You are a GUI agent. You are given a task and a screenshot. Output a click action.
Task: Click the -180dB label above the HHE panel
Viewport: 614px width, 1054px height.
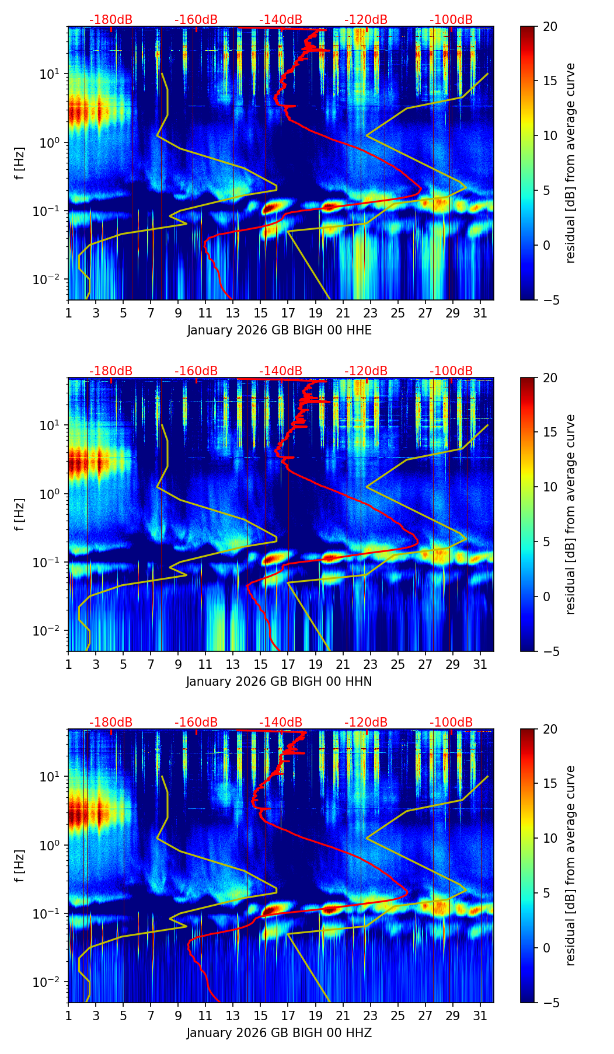point(111,20)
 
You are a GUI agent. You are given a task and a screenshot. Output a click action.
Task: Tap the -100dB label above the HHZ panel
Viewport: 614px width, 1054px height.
point(451,723)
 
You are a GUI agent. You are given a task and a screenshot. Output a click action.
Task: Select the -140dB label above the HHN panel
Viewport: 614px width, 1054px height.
point(281,371)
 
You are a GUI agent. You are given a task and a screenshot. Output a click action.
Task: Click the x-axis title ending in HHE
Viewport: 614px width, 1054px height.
point(279,330)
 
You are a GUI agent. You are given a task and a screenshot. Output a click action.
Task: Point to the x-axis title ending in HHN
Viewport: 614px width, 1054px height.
point(279,682)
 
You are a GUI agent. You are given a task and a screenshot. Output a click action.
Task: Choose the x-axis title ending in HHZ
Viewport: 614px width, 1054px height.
point(279,1033)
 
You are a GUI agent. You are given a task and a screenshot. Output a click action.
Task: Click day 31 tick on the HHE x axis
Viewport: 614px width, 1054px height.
point(480,312)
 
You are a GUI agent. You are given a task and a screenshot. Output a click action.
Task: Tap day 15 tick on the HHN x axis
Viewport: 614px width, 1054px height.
point(260,664)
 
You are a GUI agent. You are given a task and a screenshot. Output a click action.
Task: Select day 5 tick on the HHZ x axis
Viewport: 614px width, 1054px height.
point(123,1015)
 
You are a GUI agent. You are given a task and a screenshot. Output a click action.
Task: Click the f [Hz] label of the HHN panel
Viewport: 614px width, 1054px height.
point(20,514)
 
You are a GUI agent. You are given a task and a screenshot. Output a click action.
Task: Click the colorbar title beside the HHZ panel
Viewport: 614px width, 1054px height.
point(570,865)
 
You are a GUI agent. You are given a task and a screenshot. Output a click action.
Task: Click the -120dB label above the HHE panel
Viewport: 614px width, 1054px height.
point(366,20)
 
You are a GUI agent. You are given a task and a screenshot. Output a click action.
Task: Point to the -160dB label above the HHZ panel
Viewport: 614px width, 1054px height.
point(196,723)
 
